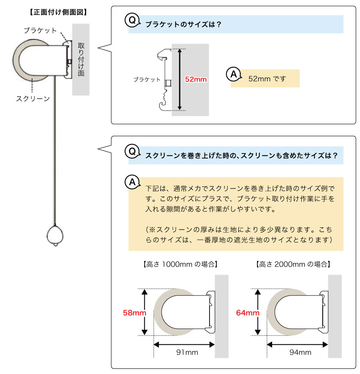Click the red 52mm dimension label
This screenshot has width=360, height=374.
pos(196,79)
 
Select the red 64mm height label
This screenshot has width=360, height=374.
pos(248,313)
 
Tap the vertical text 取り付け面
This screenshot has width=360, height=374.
pos(81,59)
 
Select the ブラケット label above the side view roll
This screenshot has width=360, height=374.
pos(40,30)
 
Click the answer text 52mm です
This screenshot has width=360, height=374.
pos(267,79)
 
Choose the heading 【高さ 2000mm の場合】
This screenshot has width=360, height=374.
pos(293,264)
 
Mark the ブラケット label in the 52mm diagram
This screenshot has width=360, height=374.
pos(147,80)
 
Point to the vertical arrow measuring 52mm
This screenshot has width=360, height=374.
pos(180,79)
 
